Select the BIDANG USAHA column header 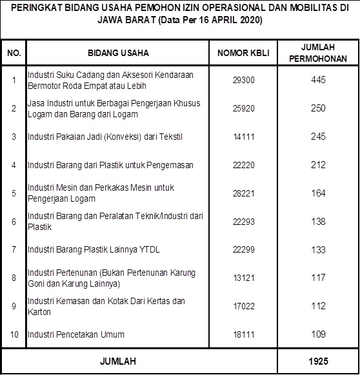pos(117,53)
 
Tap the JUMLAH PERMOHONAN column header pos(317,53)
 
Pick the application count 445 pos(317,80)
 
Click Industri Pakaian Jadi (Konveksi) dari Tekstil pos(96,137)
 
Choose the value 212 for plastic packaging pos(317,165)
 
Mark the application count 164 pos(317,193)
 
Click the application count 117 pos(317,278)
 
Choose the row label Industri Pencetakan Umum pos(75,334)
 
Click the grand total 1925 pos(317,361)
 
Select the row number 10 pos(14,334)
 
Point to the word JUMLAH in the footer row pos(118,361)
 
